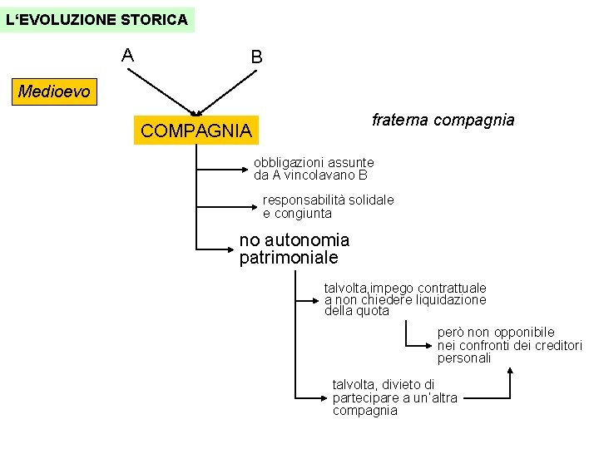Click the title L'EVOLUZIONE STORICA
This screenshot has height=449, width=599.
click(97, 18)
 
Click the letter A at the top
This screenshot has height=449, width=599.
click(127, 56)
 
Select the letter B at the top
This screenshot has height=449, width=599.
click(256, 57)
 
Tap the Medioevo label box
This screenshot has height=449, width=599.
click(54, 91)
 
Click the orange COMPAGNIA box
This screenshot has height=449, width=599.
click(196, 131)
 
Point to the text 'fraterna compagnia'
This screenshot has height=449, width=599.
click(443, 120)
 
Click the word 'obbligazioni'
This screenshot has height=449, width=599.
click(290, 163)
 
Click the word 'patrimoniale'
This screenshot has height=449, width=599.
click(283, 259)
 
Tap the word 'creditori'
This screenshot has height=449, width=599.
click(557, 346)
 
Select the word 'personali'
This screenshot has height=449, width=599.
click(464, 358)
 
